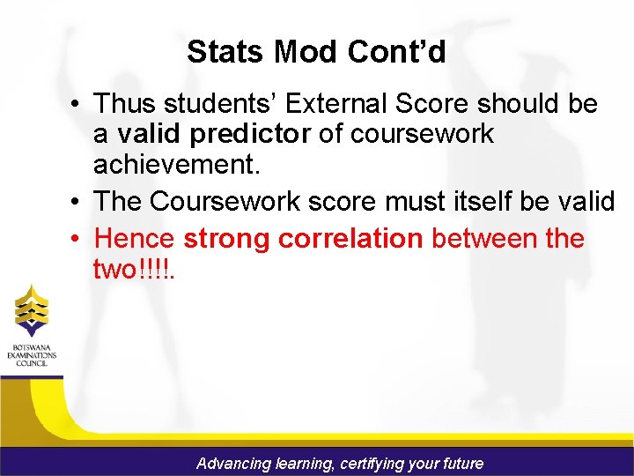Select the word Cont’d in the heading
tap(396, 52)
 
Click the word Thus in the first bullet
tap(124, 104)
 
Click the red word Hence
tap(135, 238)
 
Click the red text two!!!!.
tap(135, 269)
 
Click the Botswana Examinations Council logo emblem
tap(32, 310)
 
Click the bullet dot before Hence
tap(78, 239)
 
